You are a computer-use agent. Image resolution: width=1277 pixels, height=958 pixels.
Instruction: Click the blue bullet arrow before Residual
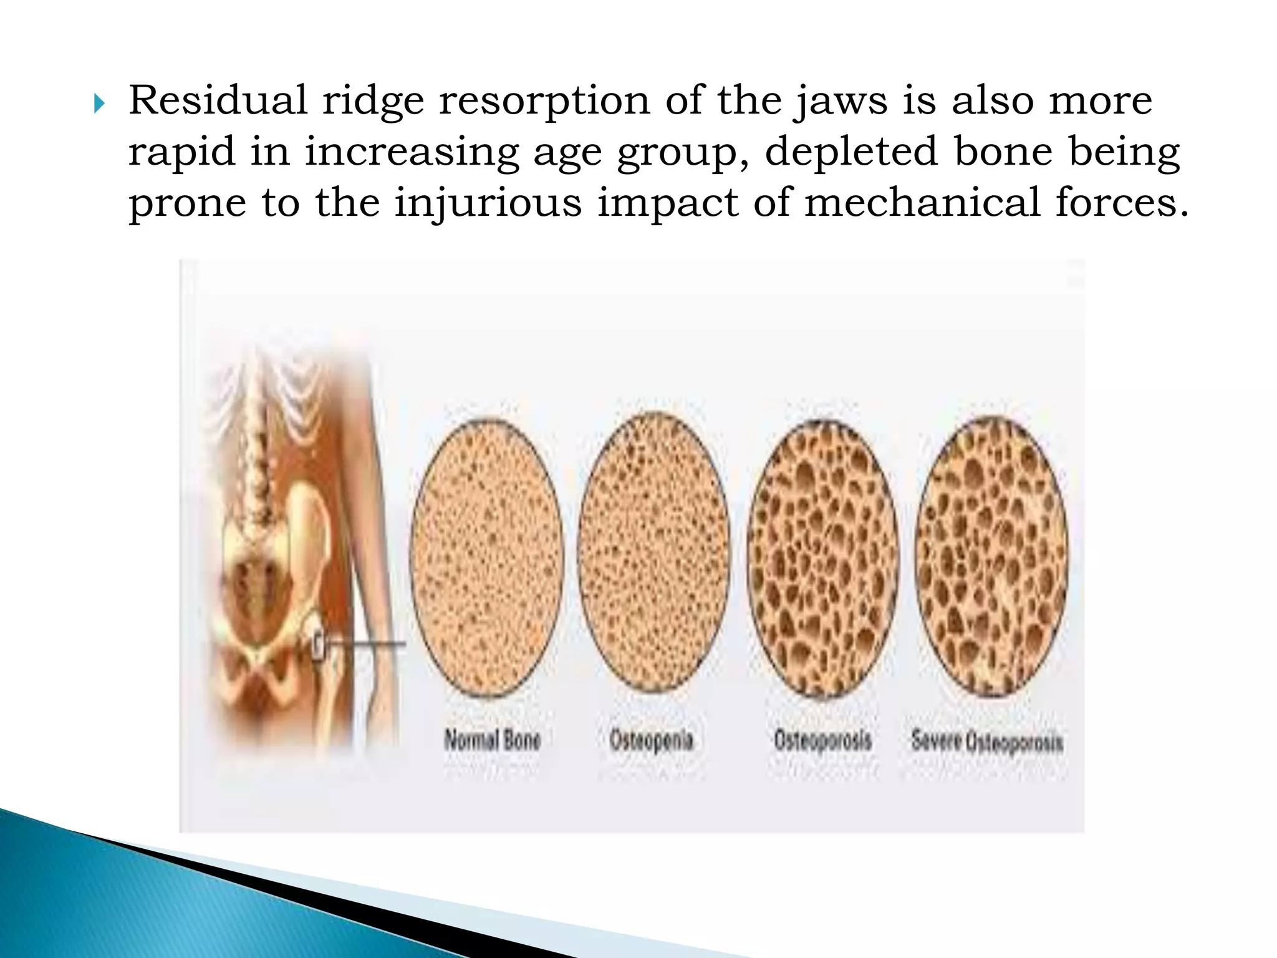pos(99,104)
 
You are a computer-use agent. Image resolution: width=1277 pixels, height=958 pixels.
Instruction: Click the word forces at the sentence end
pos(1121,203)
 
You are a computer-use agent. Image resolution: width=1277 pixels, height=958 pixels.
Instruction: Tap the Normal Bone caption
pos(493,740)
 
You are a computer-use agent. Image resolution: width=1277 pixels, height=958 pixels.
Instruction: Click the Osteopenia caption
pos(652,740)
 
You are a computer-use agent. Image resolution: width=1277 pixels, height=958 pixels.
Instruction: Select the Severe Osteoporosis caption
pos(987,742)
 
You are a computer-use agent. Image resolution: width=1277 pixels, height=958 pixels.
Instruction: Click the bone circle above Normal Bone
pos(488,557)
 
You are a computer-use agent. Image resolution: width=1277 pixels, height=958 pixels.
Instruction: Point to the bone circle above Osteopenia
pos(653,552)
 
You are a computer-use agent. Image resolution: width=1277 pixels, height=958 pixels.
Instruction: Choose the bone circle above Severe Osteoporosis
pos(991,555)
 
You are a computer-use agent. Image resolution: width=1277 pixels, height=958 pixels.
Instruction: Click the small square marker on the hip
pos(319,646)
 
